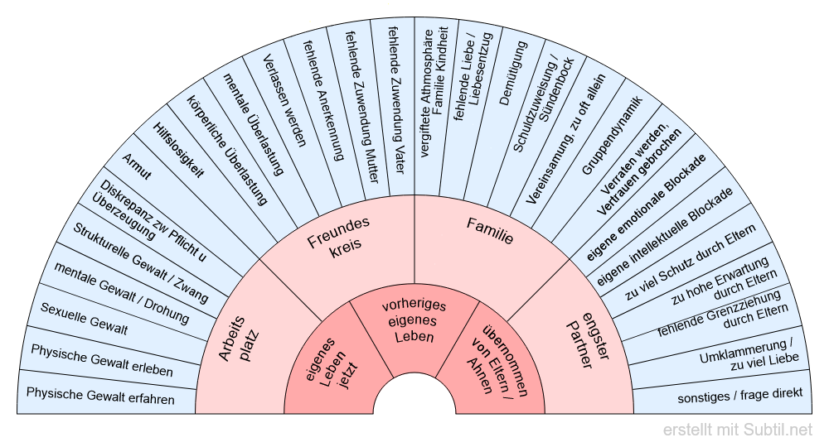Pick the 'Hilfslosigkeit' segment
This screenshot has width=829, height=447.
click(x=178, y=148)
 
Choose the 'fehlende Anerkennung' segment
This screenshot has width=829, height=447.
click(x=323, y=91)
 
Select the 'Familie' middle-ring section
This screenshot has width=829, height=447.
click(x=489, y=232)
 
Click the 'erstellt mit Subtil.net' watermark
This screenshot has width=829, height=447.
click(x=738, y=430)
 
